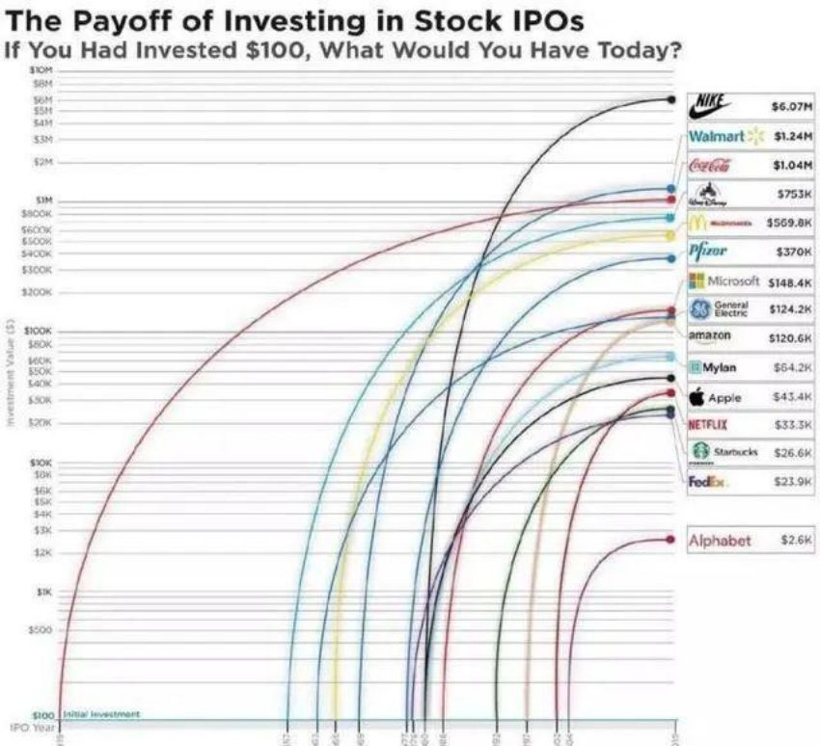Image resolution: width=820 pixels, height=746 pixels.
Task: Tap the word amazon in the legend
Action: [710, 335]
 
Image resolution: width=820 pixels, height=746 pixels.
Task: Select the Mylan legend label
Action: [719, 367]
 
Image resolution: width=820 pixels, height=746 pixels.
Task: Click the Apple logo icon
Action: [696, 397]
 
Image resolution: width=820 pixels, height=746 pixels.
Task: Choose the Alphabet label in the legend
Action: [719, 541]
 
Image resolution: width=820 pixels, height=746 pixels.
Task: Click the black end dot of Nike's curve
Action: [670, 99]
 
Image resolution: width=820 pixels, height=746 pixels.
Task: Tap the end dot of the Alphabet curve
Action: [670, 540]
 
